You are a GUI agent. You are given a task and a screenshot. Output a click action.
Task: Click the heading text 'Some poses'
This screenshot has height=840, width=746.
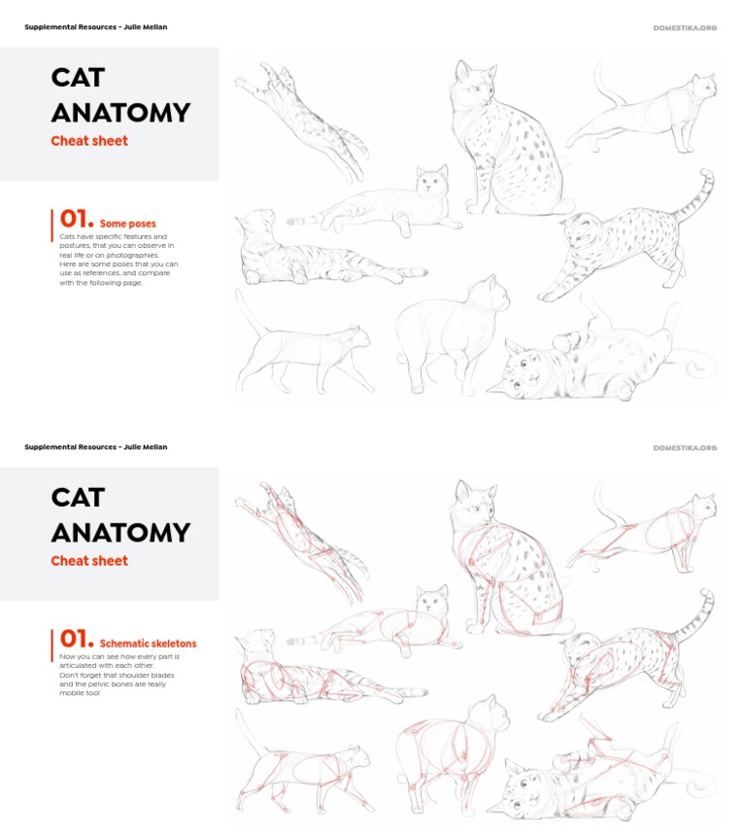tap(127, 224)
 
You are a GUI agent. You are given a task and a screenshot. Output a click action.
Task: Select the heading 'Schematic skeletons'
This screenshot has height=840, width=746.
tap(148, 644)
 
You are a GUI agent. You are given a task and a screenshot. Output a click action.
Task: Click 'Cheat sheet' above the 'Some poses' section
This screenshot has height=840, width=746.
tap(89, 141)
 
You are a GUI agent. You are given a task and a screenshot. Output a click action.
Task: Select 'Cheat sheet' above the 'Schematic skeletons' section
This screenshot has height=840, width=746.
tap(89, 561)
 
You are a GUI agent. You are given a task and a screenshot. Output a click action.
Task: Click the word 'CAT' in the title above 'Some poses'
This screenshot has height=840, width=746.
tap(78, 78)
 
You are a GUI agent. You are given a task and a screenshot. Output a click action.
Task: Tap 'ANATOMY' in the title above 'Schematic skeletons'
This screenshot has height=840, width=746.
tap(120, 533)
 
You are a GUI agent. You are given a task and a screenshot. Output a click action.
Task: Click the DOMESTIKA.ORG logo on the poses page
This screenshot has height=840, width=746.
tap(685, 27)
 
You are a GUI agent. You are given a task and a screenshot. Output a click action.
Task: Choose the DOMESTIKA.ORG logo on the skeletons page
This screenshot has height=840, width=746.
tap(685, 447)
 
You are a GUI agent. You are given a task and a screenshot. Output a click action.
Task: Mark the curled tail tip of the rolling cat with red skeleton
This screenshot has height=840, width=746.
tap(696, 788)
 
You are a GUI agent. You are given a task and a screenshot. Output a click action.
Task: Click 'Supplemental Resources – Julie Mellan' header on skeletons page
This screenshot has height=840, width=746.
tap(95, 447)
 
